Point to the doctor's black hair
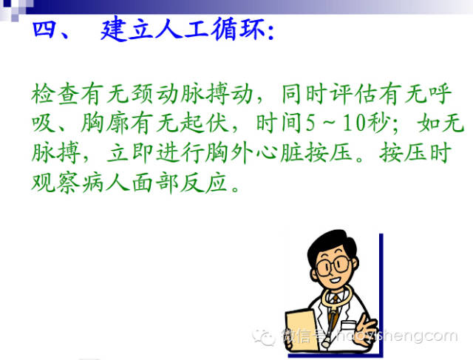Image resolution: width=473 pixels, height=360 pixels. click(333, 239)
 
